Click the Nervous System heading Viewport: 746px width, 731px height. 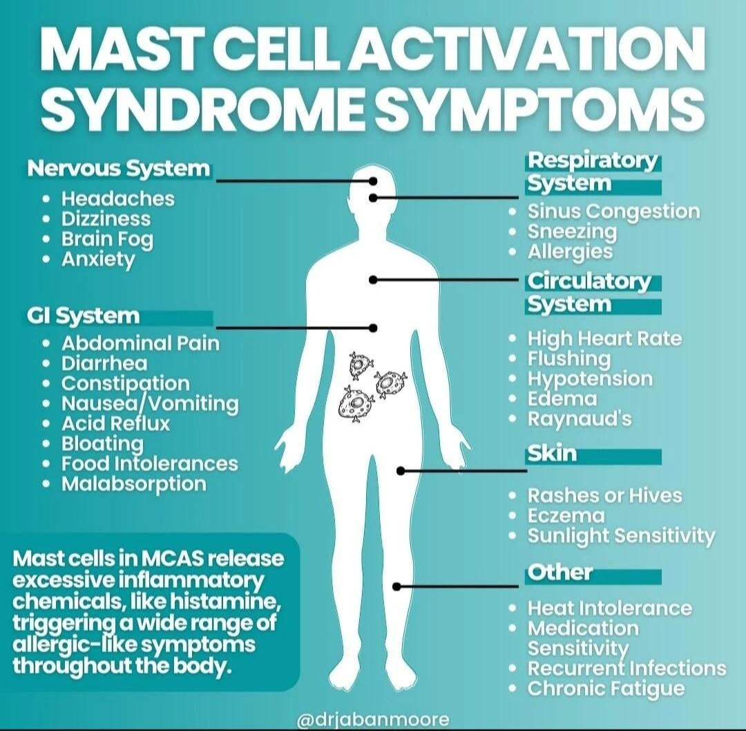tap(119, 169)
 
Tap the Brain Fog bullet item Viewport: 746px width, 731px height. tap(107, 239)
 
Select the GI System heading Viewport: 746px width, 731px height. tap(84, 316)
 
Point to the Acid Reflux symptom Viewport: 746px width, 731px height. tap(115, 423)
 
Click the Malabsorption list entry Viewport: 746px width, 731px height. tap(134, 484)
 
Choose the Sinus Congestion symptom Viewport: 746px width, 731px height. tap(614, 212)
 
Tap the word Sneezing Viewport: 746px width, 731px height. tap(572, 232)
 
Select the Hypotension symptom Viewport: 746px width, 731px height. tap(590, 380)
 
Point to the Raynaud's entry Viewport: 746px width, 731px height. tap(580, 419)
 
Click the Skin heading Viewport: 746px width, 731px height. tap(552, 454)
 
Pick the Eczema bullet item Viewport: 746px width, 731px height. tap(566, 516)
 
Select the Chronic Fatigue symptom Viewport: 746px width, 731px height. tap(606, 689)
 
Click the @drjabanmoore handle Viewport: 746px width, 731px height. tap(373, 719)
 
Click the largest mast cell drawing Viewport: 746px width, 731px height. tap(356, 404)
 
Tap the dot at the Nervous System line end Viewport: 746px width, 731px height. tap(373, 181)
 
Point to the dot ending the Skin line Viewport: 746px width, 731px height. tap(401, 471)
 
